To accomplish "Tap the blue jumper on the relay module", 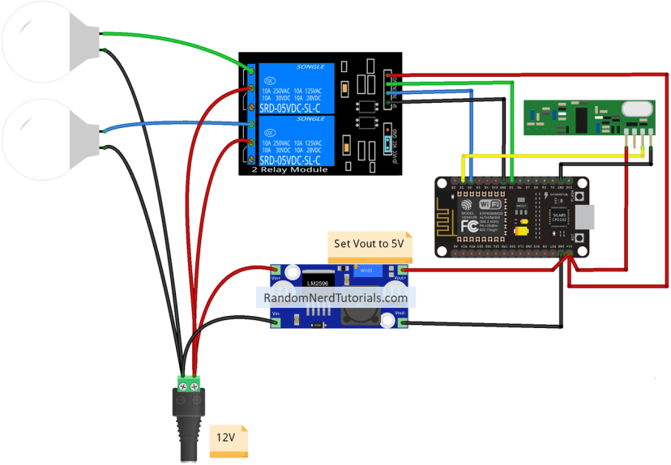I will (x=387, y=143).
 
